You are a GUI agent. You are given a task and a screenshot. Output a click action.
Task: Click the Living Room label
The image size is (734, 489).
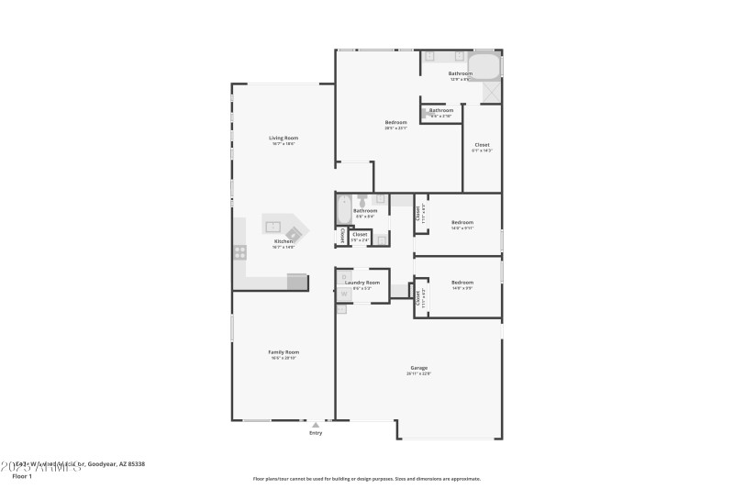[284, 138]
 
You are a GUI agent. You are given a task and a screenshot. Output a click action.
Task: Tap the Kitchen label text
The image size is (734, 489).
[284, 241]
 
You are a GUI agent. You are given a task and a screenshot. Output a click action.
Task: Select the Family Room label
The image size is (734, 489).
[284, 352]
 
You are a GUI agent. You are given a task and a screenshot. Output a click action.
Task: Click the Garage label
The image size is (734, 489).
[419, 368]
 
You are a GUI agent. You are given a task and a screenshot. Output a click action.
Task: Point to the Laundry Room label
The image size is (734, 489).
[362, 283]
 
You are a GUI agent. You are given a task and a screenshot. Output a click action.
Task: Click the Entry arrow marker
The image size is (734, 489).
[316, 425]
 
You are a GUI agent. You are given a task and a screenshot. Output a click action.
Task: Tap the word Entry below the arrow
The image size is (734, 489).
[316, 433]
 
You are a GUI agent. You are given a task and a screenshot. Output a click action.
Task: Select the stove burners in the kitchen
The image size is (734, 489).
[239, 251]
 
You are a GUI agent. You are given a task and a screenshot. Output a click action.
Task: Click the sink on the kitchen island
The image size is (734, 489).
[273, 225]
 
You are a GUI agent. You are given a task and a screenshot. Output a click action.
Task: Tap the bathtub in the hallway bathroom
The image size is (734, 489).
[344, 210]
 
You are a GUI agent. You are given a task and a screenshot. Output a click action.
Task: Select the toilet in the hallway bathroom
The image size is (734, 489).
[362, 199]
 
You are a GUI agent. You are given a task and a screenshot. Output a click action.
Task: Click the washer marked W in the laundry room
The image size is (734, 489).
[344, 294]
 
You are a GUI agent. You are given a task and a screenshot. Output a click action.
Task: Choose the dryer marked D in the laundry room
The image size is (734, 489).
[344, 276]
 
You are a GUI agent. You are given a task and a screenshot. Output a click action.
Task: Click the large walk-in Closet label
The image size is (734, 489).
[482, 145]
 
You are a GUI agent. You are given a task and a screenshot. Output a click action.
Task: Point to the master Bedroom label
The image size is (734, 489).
[396, 122]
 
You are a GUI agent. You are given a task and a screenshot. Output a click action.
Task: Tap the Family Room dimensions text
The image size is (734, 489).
[284, 359]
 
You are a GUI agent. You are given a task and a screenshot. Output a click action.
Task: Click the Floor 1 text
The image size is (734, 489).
[22, 476]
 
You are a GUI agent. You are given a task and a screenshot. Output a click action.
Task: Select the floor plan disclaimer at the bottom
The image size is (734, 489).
[366, 478]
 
